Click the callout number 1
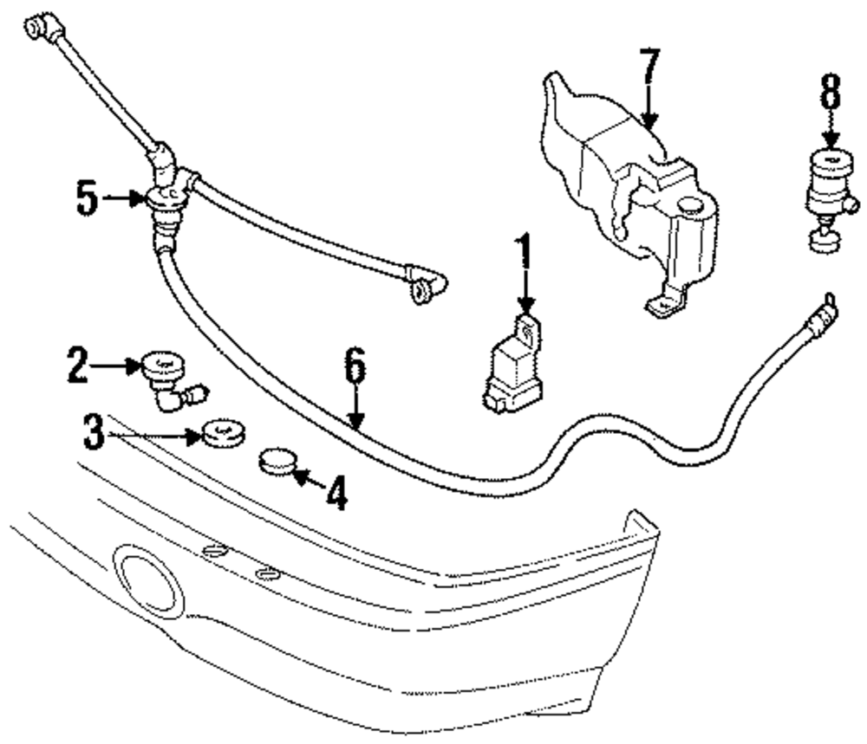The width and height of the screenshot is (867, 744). (x=523, y=257)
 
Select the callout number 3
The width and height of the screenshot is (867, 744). (x=95, y=431)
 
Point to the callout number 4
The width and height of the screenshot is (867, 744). (x=336, y=494)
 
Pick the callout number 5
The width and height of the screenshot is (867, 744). (x=86, y=199)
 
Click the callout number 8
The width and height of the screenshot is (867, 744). (x=830, y=92)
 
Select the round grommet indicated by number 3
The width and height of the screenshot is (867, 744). (x=224, y=435)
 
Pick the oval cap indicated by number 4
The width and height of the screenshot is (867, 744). (x=277, y=462)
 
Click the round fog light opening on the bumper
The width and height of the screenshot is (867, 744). (x=149, y=580)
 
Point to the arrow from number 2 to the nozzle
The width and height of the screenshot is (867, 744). (x=117, y=366)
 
